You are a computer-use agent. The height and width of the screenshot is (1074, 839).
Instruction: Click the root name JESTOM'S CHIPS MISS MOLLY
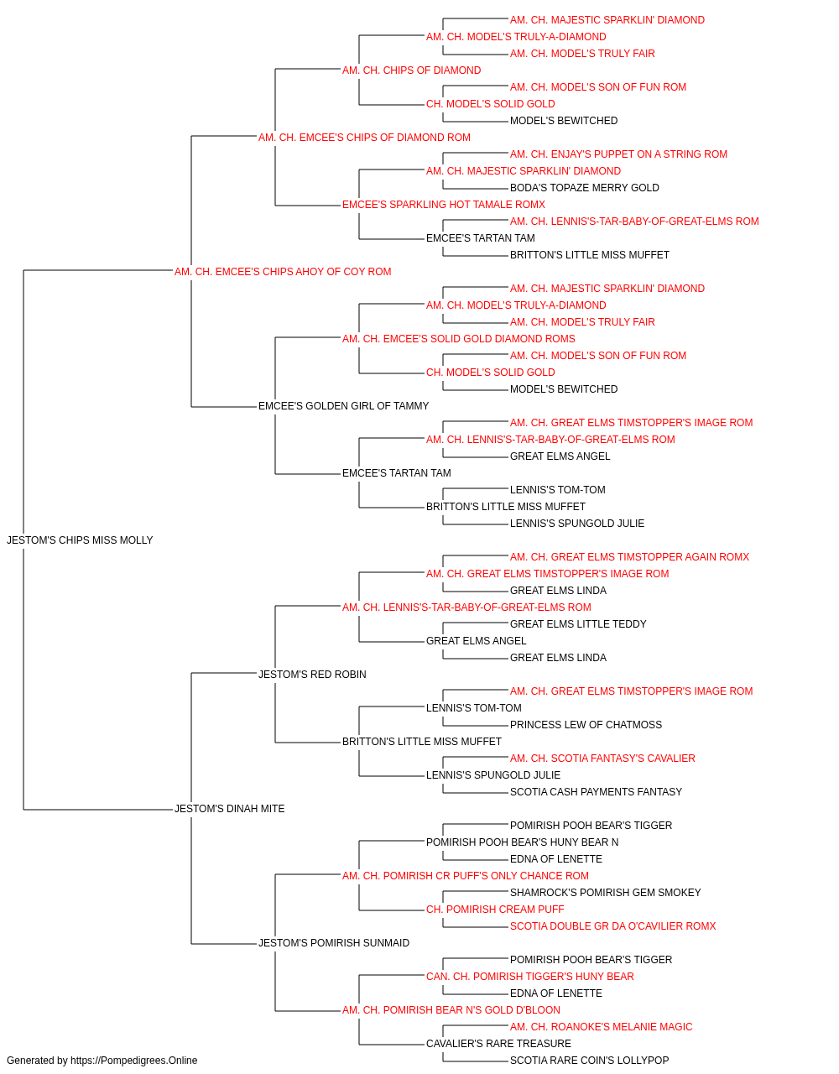pyautogui.click(x=80, y=540)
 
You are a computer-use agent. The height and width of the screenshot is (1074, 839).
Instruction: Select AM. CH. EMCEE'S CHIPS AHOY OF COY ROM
pyautogui.click(x=283, y=272)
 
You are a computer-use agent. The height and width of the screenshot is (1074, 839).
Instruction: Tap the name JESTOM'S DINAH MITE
pyautogui.click(x=229, y=809)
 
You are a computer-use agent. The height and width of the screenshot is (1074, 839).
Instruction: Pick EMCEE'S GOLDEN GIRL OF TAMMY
pyautogui.click(x=343, y=406)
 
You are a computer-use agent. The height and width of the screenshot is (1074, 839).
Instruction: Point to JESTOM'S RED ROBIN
pyautogui.click(x=312, y=674)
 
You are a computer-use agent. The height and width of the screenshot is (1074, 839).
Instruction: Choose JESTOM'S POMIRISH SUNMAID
pyautogui.click(x=334, y=942)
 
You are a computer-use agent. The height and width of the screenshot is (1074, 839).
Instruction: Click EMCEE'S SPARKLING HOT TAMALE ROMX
pyautogui.click(x=443, y=205)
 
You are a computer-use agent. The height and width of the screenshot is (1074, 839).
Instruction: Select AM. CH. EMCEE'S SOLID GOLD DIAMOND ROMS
pyautogui.click(x=459, y=338)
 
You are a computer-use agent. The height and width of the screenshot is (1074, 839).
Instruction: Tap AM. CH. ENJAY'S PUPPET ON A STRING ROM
pyautogui.click(x=618, y=154)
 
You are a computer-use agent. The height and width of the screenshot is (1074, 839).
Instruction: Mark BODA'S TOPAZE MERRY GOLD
pyautogui.click(x=584, y=188)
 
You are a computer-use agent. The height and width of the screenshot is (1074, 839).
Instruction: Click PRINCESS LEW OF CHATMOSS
pyautogui.click(x=586, y=725)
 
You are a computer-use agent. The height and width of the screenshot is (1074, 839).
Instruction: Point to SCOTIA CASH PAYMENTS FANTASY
pyautogui.click(x=596, y=792)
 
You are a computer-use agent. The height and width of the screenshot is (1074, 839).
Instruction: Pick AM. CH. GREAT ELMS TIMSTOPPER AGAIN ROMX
pyautogui.click(x=629, y=557)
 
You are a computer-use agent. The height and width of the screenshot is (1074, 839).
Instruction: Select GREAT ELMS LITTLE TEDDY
pyautogui.click(x=578, y=623)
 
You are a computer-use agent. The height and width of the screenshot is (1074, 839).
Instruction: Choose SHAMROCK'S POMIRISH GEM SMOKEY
pyautogui.click(x=605, y=892)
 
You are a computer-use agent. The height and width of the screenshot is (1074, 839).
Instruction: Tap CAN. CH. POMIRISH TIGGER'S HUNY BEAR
pyautogui.click(x=529, y=976)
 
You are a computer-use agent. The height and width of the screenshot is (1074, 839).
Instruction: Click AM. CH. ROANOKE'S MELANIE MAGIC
pyautogui.click(x=601, y=1026)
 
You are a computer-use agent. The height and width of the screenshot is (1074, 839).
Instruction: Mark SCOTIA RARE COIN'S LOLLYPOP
pyautogui.click(x=589, y=1061)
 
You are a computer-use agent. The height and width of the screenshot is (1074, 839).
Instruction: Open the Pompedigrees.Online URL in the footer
pyautogui.click(x=133, y=1061)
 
